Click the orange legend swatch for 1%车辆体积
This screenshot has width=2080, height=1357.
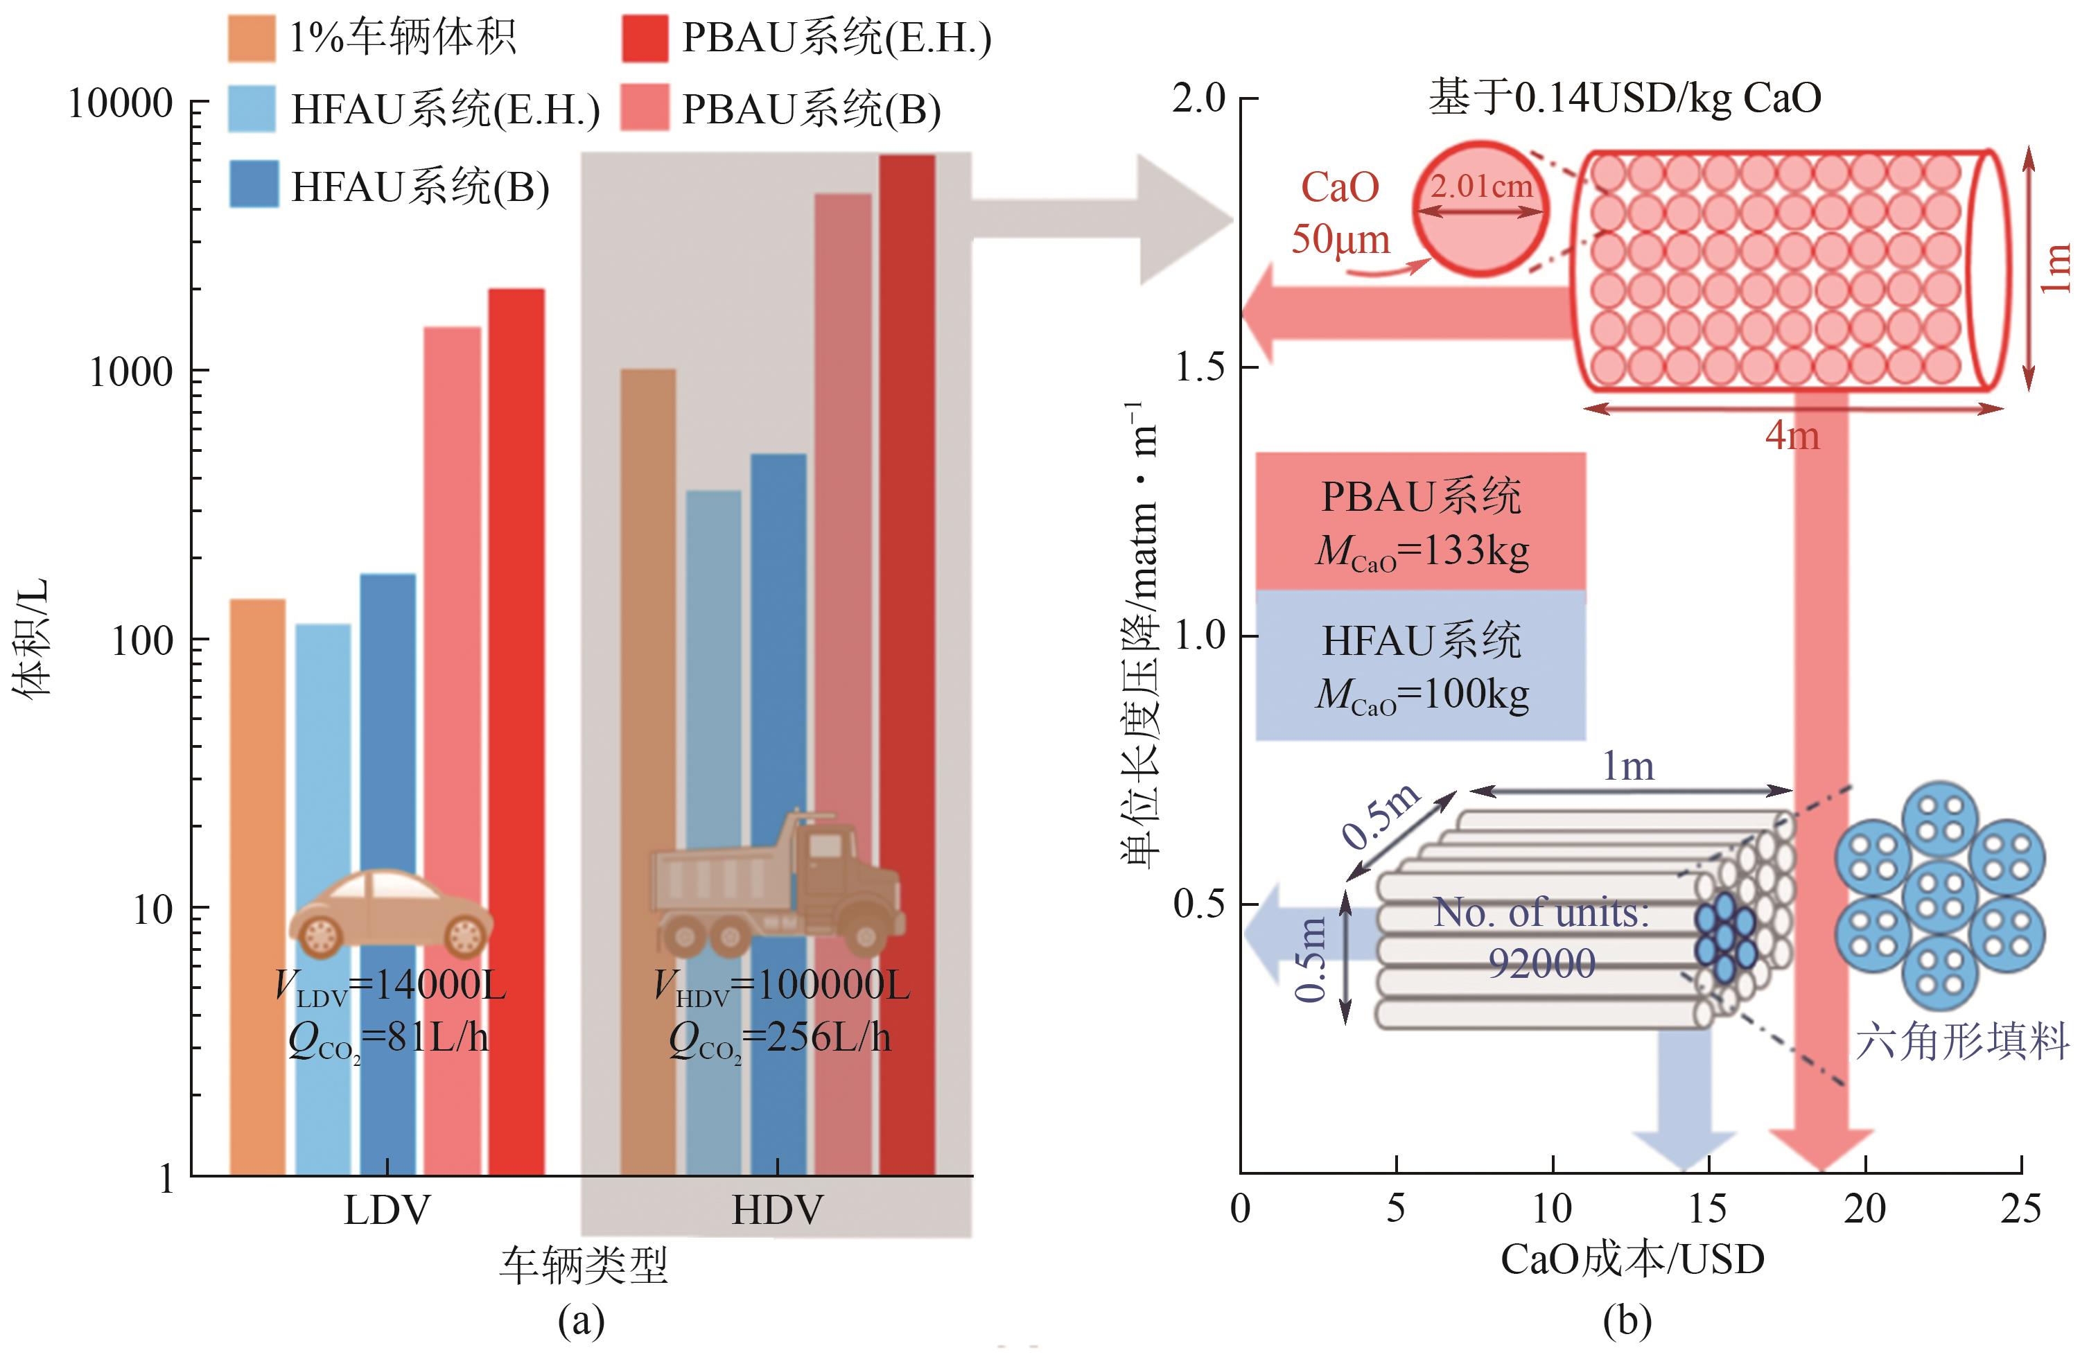click(251, 38)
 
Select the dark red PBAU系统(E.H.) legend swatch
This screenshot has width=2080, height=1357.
click(645, 38)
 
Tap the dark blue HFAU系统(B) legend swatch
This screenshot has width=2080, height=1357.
click(254, 184)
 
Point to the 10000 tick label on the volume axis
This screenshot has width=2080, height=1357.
click(121, 103)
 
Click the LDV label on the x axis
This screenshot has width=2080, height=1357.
click(387, 1210)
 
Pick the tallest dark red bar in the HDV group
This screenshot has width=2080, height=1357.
click(907, 664)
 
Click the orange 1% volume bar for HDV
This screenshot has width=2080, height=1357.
click(647, 769)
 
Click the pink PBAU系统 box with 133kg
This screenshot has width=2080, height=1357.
click(1420, 522)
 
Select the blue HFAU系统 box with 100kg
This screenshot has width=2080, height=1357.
click(1420, 666)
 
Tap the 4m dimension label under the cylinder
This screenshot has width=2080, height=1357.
click(1792, 435)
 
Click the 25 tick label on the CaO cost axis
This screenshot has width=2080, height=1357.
click(2020, 1209)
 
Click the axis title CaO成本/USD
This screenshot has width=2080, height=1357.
click(1632, 1259)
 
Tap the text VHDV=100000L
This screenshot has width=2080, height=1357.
click(781, 986)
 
